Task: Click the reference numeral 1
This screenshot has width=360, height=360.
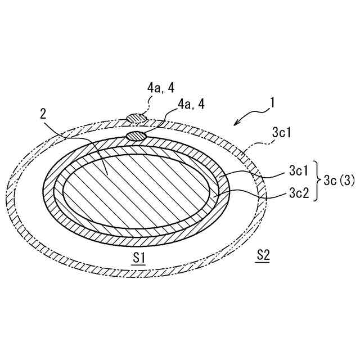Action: (x=272, y=102)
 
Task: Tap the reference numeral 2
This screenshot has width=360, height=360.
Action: (x=43, y=114)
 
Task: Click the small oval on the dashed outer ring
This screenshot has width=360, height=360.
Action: (x=135, y=118)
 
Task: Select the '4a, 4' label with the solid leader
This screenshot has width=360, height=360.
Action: (x=191, y=105)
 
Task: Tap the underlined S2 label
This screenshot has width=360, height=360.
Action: (x=263, y=255)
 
